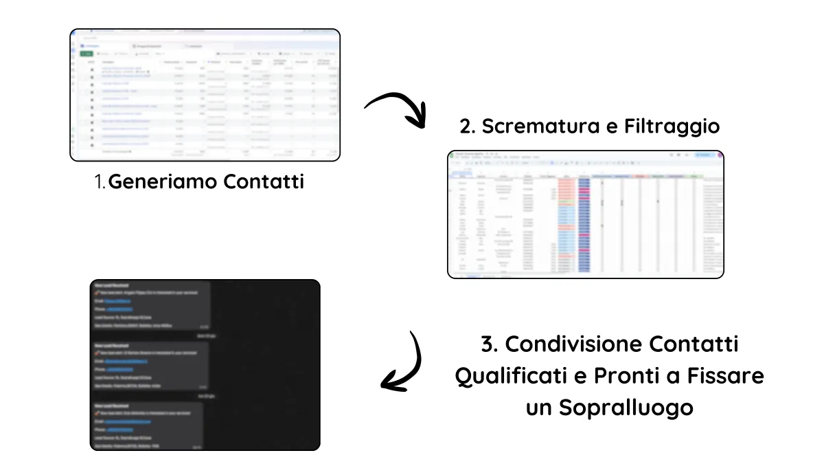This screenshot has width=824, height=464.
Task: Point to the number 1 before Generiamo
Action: tap(100, 182)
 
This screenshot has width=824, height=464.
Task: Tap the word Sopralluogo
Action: tap(626, 408)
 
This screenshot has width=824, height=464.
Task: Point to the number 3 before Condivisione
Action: tap(488, 344)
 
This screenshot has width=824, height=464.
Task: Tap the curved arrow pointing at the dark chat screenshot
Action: tap(405, 364)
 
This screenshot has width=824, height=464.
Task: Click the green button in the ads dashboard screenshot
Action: tap(87, 54)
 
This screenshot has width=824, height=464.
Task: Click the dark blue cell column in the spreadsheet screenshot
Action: tap(584, 220)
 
